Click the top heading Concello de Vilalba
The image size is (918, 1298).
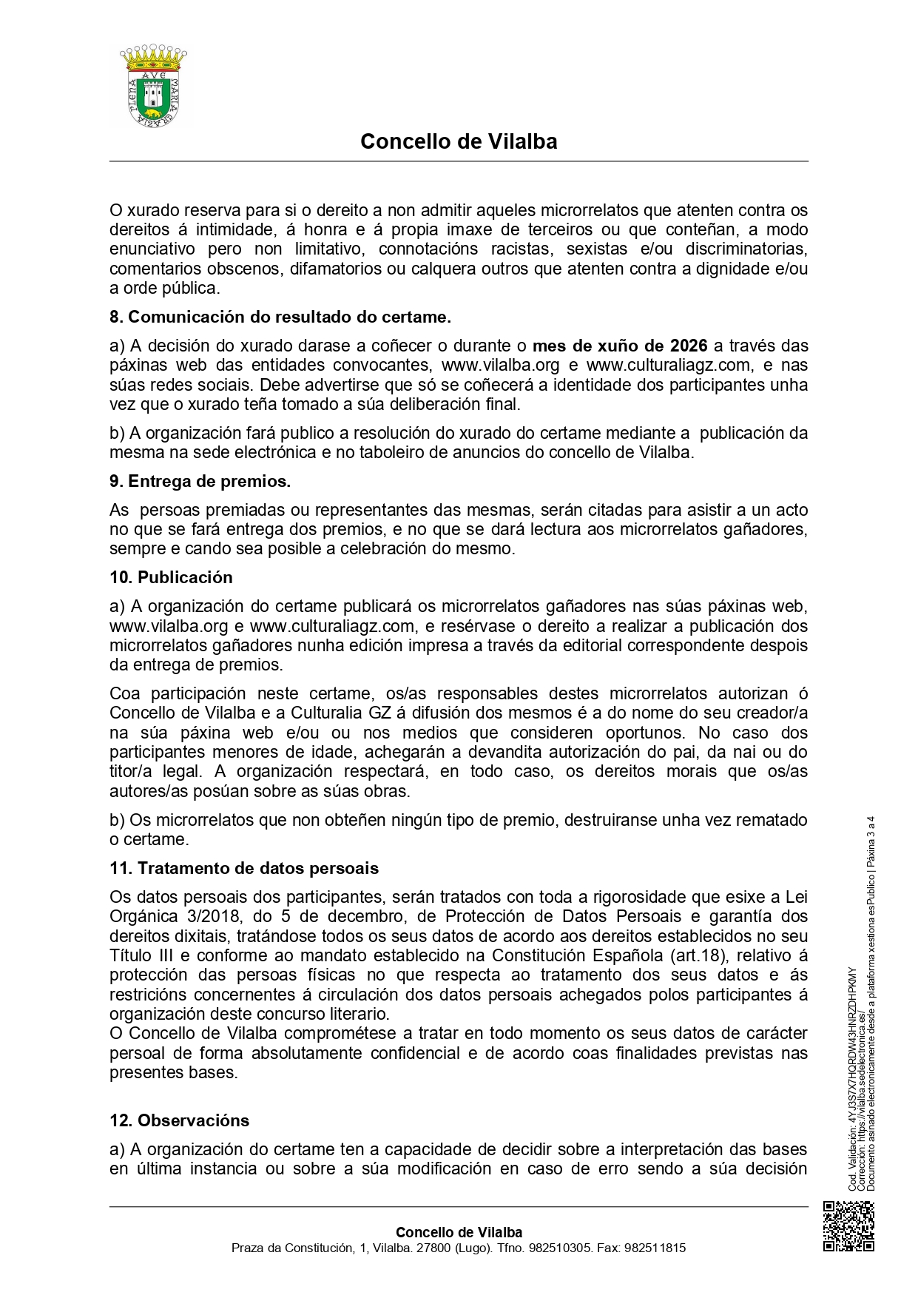point(459,141)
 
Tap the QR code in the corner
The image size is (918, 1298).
point(848,1226)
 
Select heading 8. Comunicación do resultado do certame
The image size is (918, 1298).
point(280,317)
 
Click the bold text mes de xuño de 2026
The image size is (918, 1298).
point(620,346)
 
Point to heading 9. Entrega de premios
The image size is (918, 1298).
point(200,481)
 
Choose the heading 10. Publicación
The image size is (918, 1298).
point(171,577)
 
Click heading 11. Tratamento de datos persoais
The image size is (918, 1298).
point(244,868)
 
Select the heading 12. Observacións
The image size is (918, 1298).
point(180,1120)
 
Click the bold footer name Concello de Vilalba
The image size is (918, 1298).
point(459,1232)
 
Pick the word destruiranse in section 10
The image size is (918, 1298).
point(582,820)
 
